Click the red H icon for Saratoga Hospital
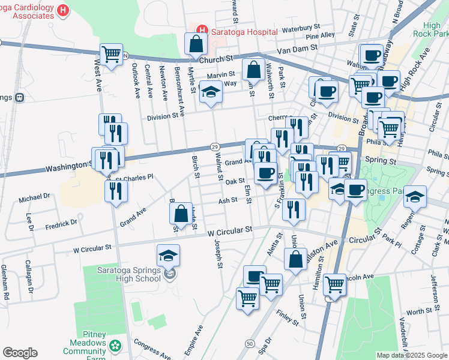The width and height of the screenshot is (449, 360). click(x=202, y=30)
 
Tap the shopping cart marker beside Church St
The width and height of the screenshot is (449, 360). click(x=112, y=54)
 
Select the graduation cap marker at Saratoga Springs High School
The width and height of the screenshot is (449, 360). click(x=168, y=256)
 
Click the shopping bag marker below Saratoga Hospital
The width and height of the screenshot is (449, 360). click(x=196, y=43)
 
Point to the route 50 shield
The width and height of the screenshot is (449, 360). click(x=249, y=342)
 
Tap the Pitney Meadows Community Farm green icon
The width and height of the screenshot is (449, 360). click(x=114, y=346)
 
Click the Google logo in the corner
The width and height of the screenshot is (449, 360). click(x=20, y=353)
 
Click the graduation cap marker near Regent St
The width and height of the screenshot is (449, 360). click(x=415, y=197)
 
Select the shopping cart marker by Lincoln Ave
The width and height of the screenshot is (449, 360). click(x=334, y=284)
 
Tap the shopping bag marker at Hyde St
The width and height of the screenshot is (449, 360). click(x=181, y=214)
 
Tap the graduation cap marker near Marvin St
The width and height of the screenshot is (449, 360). click(x=211, y=92)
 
